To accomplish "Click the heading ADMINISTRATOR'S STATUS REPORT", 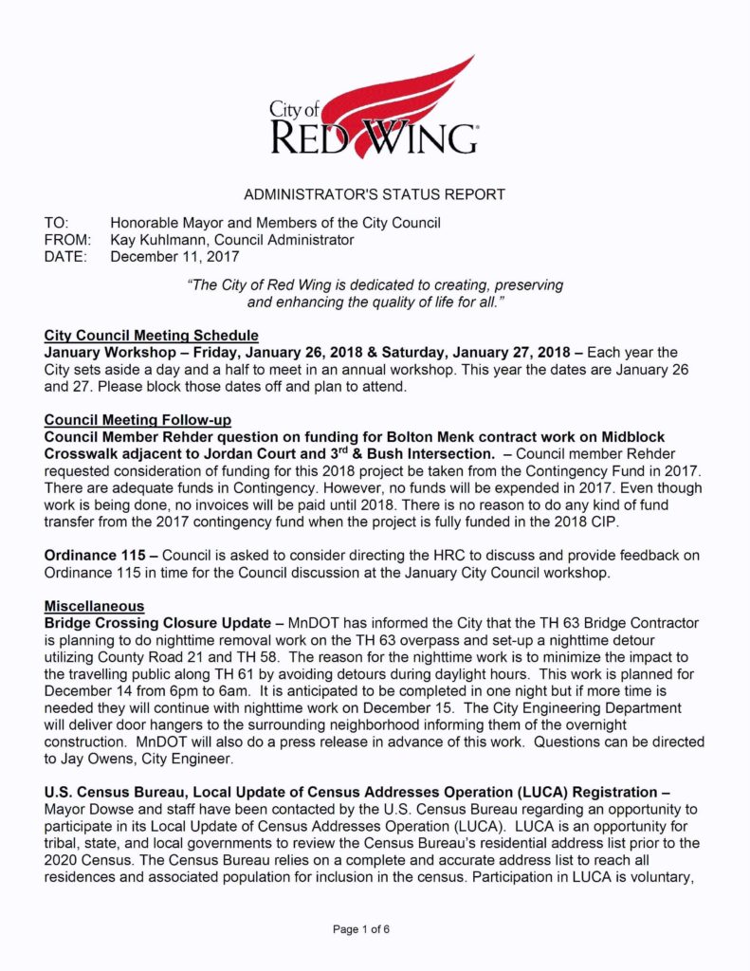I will [375, 194].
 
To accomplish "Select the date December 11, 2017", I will [174, 256].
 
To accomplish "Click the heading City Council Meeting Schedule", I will [151, 336].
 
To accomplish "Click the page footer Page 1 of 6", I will [361, 929].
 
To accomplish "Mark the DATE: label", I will [65, 256].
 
